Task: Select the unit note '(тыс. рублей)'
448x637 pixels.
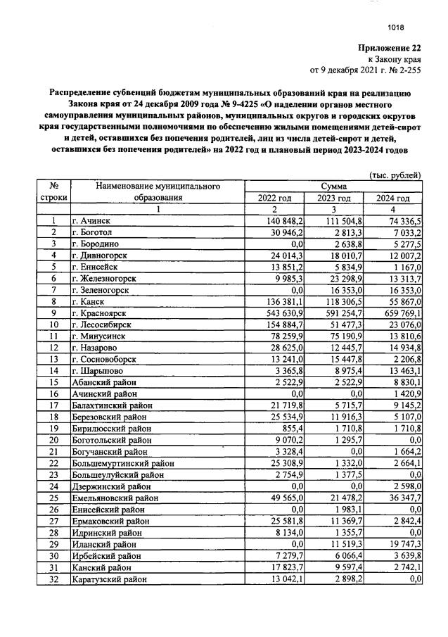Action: click(x=395, y=175)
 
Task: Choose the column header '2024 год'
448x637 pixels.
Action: click(x=393, y=198)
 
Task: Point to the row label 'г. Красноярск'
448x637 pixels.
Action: click(x=101, y=312)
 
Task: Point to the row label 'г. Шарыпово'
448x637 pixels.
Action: click(x=98, y=368)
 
